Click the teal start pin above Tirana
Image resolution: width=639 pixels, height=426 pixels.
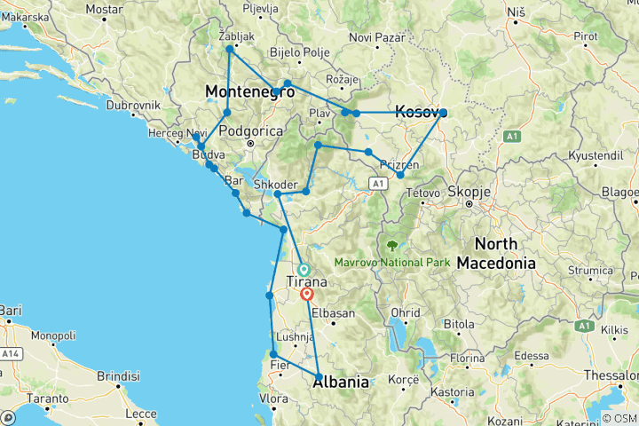click(x=304, y=268)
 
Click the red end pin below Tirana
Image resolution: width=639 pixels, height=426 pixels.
click(x=307, y=294)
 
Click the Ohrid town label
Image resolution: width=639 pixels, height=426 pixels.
click(x=406, y=312)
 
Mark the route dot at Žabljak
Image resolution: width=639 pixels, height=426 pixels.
click(x=229, y=50)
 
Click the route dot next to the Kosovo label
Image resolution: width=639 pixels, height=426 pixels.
click(x=443, y=113)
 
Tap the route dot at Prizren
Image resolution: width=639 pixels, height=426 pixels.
click(x=400, y=175)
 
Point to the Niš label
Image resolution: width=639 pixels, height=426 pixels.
click(x=516, y=11)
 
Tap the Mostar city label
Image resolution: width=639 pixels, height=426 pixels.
click(x=104, y=10)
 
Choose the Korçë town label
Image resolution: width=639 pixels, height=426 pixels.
click(x=403, y=380)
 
